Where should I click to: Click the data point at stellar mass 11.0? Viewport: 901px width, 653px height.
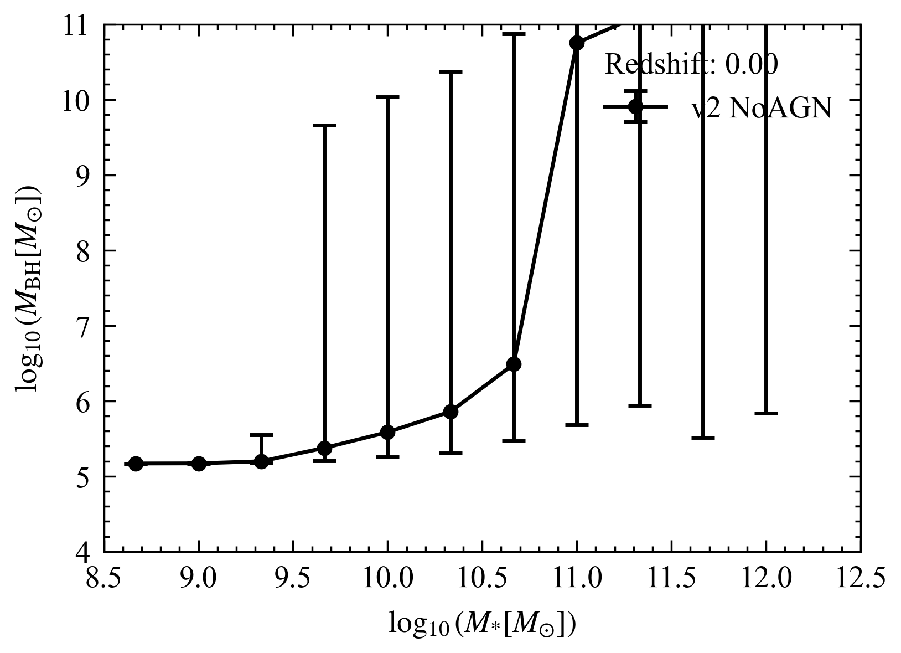(x=577, y=43)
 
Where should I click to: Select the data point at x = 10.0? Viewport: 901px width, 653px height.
(x=387, y=432)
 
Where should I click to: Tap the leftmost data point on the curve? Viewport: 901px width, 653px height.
(x=136, y=464)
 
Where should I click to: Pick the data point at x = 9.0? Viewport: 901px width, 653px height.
(x=199, y=464)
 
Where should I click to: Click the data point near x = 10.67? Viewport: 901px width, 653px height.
(x=514, y=364)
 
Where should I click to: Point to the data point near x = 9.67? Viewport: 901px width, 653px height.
(x=324, y=448)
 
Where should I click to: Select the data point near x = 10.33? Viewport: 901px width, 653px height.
(x=451, y=412)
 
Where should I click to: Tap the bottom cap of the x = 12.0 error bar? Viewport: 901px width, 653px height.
(x=766, y=413)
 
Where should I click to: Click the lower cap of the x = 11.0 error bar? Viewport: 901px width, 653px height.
(x=577, y=425)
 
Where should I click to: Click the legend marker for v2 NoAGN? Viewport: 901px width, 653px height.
(x=635, y=106)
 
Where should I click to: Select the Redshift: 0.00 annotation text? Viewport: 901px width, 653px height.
(x=691, y=65)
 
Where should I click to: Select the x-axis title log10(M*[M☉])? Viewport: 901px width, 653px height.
(x=482, y=624)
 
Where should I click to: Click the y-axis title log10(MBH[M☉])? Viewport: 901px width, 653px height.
(x=29, y=288)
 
